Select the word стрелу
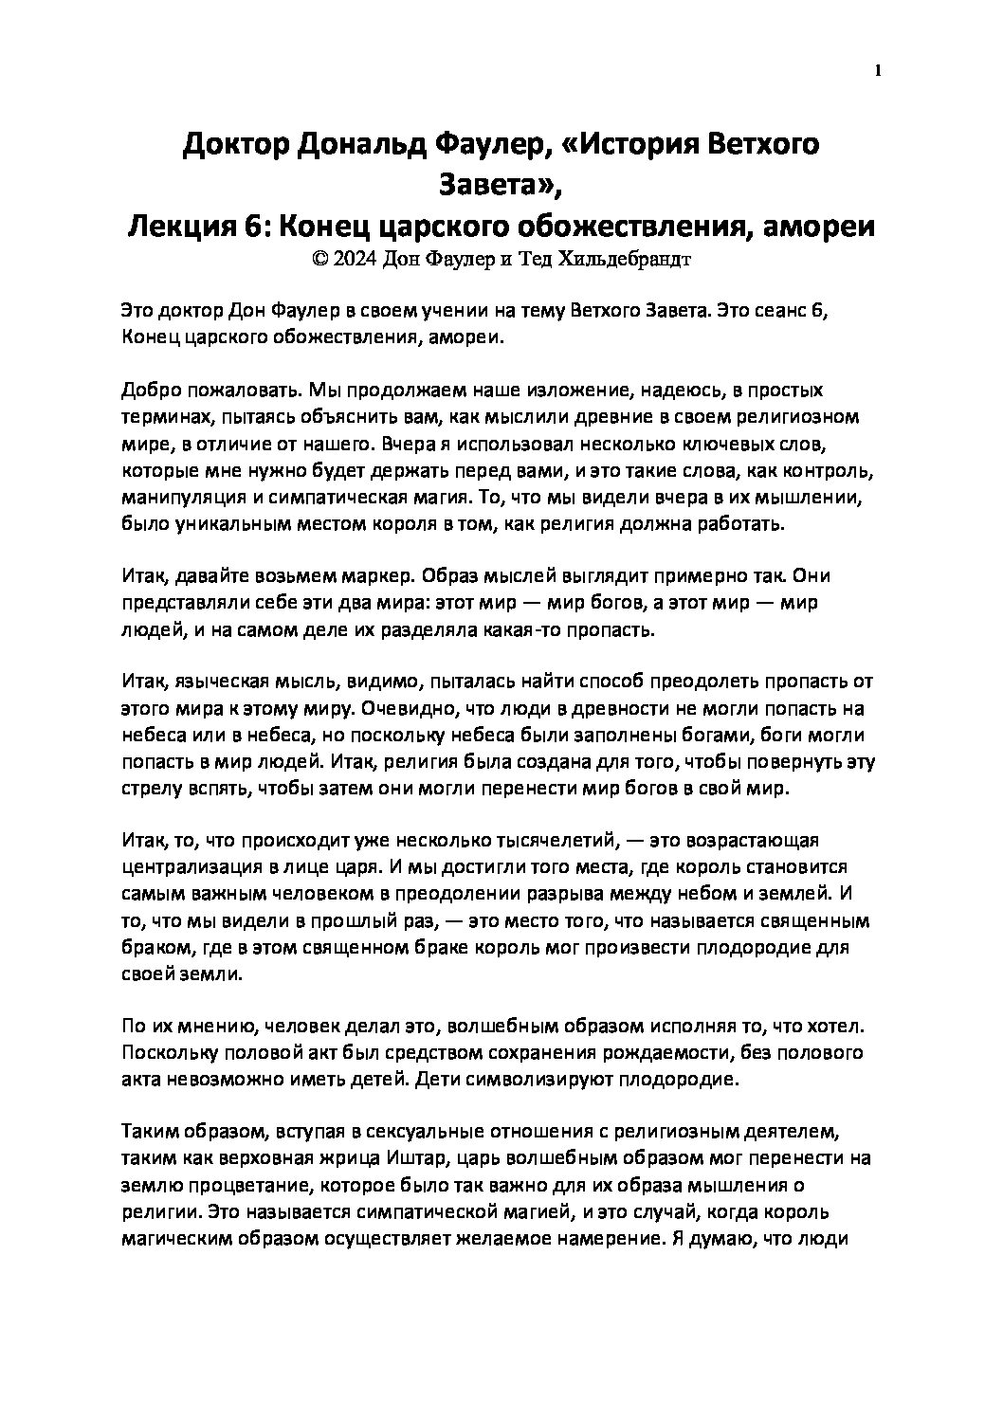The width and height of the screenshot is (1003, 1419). pos(149,789)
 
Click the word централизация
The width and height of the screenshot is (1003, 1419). pos(190,868)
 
